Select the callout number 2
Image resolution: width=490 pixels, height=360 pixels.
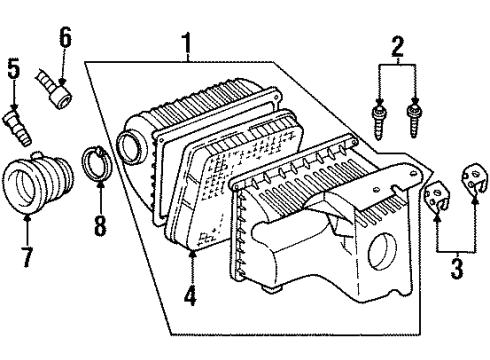[x=397, y=45]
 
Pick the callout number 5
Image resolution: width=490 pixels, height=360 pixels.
[x=13, y=71]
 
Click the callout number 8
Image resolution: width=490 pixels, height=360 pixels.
[x=99, y=225]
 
